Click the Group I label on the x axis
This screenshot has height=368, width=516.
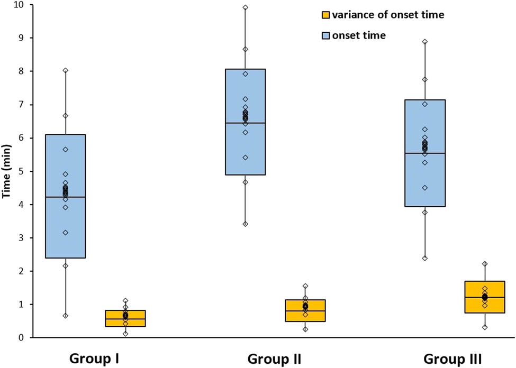(94, 359)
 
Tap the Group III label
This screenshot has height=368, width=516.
(453, 359)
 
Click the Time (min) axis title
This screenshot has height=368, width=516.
(7, 171)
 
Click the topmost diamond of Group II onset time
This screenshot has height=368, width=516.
(245, 7)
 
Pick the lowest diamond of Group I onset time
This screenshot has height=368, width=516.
(65, 316)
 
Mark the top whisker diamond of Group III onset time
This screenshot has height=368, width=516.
(424, 41)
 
